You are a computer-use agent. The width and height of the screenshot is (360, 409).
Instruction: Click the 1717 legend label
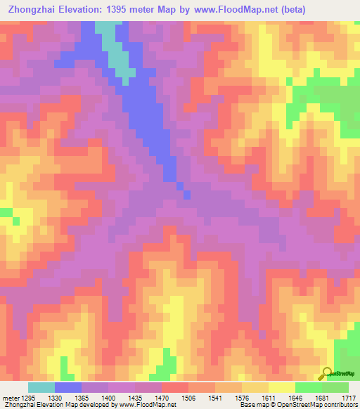(x=349, y=398)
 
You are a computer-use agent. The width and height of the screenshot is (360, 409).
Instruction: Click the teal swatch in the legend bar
(x=41, y=387)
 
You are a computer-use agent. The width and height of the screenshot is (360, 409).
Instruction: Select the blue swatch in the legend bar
(x=68, y=387)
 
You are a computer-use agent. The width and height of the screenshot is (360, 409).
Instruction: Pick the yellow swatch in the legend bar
(x=282, y=387)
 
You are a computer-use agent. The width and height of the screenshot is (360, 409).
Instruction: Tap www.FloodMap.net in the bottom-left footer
(x=146, y=405)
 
